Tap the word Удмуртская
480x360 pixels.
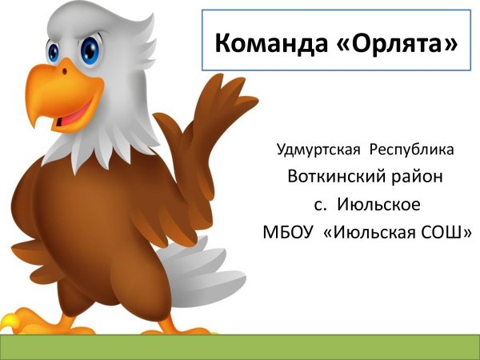pos(317,150)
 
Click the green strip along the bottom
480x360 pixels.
pos(240,346)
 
